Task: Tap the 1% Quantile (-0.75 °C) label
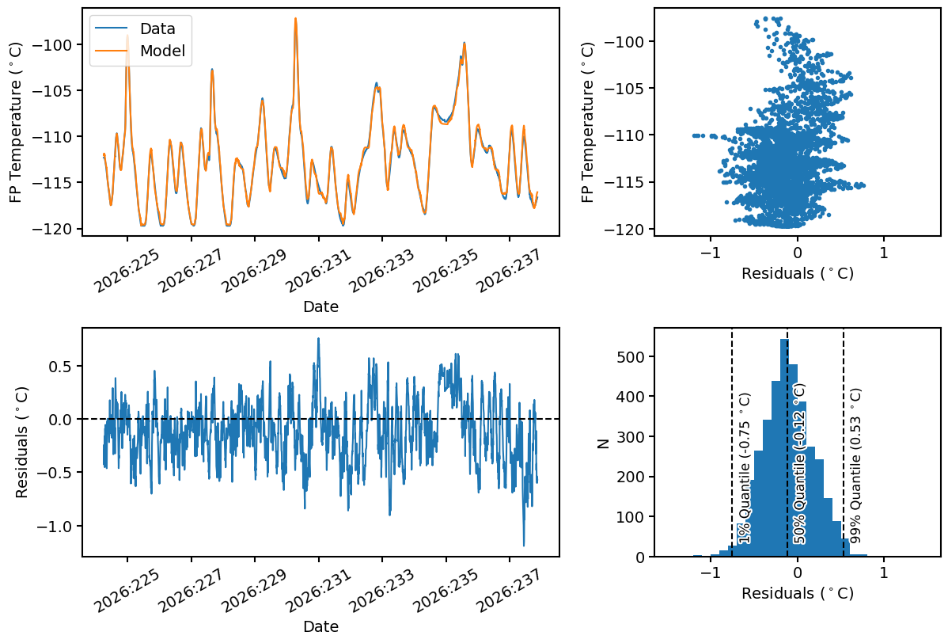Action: [x=745, y=468]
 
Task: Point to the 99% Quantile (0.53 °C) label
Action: [x=855, y=466]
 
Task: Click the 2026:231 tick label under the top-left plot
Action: [x=318, y=270]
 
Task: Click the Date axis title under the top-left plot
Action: [x=321, y=306]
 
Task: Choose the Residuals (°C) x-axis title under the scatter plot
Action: [x=798, y=273]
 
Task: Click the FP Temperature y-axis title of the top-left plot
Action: [x=15, y=122]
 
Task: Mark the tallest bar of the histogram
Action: [x=784, y=447]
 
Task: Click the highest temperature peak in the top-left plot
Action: [x=296, y=18]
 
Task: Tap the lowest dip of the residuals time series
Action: [x=524, y=546]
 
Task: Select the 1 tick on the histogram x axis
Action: [x=884, y=573]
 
